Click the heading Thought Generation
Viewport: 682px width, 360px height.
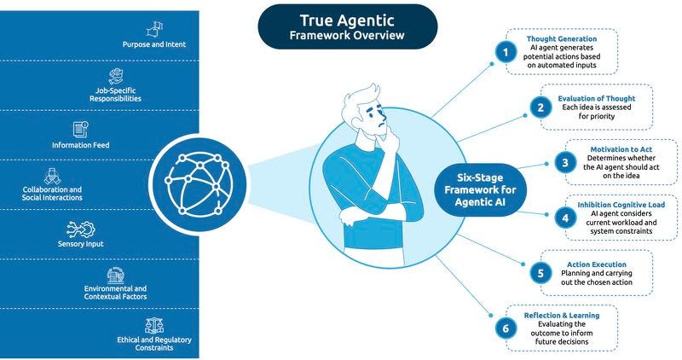[562, 38]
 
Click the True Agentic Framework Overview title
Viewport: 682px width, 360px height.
[348, 26]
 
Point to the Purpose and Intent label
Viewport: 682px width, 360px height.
[154, 44]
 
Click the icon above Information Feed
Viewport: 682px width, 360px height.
[81, 130]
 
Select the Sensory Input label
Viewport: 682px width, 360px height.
[82, 243]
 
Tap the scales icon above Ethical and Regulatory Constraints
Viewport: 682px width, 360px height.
[155, 325]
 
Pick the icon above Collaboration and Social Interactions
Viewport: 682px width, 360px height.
[52, 175]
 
